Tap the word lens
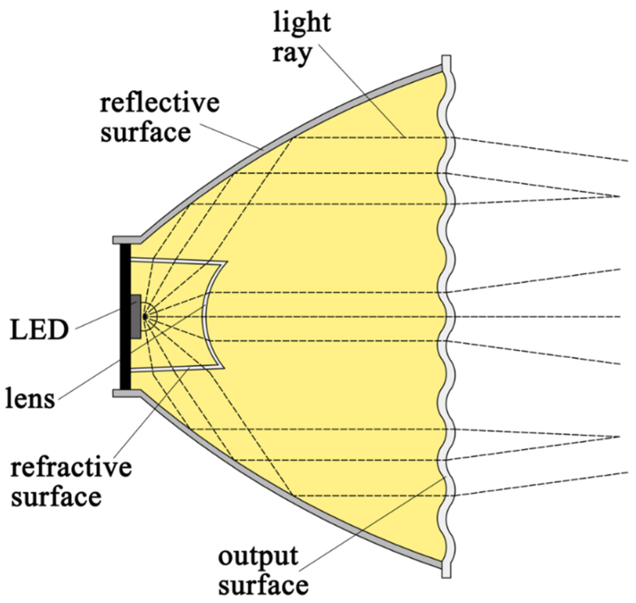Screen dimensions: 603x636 tap(30, 399)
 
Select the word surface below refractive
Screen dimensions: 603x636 tap(57, 497)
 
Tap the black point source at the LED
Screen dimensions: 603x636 tap(145, 317)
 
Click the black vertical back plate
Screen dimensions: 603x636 tap(125, 317)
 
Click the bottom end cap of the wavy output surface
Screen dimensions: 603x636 tap(446, 570)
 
